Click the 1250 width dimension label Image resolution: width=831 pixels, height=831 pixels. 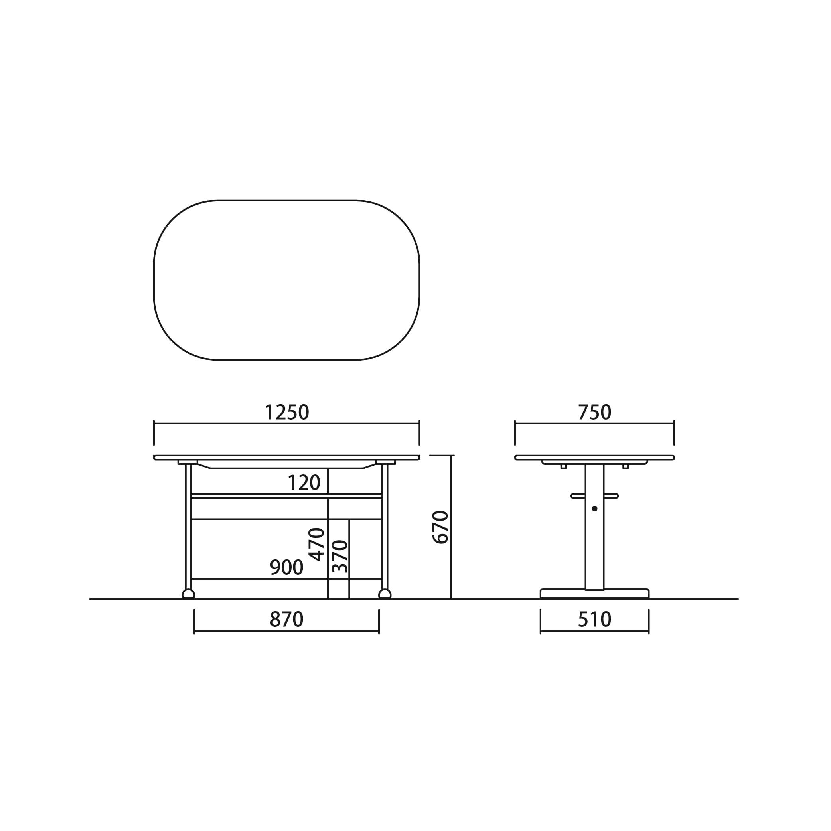coord(287,412)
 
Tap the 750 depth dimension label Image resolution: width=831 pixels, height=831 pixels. coord(594,412)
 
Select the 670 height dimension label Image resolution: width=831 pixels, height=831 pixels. coord(440,527)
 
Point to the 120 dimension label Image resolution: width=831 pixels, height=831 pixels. coord(304,483)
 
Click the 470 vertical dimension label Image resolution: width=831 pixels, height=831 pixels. coord(317,544)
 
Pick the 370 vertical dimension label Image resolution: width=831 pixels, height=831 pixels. coord(340,556)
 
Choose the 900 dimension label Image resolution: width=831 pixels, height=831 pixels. coord(286,567)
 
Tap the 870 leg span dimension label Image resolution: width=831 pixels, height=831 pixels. coord(286,620)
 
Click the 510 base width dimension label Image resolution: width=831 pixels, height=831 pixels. coord(594,620)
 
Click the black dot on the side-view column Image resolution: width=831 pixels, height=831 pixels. coord(594,508)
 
